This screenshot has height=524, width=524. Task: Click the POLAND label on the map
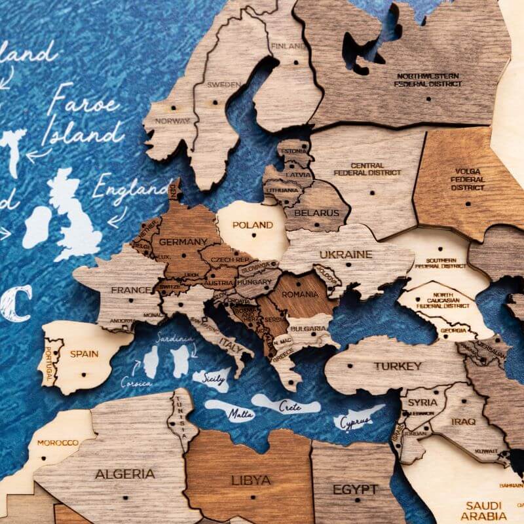point(252,225)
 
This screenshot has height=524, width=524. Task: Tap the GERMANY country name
point(183,242)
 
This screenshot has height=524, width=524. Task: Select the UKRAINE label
point(345,254)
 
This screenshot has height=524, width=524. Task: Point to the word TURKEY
point(398,366)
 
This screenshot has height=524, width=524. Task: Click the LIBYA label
point(251,480)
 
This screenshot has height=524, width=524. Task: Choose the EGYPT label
point(355,489)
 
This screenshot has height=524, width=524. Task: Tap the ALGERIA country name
point(125,474)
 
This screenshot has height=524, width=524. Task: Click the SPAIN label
point(84,354)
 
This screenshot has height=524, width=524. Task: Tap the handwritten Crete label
point(290,406)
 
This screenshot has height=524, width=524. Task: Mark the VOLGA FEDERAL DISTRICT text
point(468,179)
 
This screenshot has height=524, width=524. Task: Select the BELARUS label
point(317,213)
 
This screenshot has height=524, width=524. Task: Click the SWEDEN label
point(224,84)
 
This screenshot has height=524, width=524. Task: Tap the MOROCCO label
point(58,443)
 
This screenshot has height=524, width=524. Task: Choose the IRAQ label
point(463,421)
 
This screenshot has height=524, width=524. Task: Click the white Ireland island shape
point(37,226)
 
